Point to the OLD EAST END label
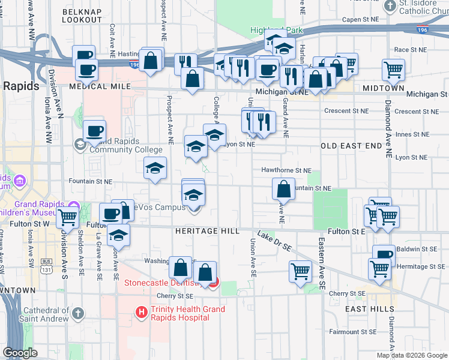tap(351, 146)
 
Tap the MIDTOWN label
tap(383, 88)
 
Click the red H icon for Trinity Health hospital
tap(141, 312)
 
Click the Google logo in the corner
tap(20, 352)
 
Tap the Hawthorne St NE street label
tap(286, 170)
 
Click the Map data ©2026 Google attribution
tap(412, 355)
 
